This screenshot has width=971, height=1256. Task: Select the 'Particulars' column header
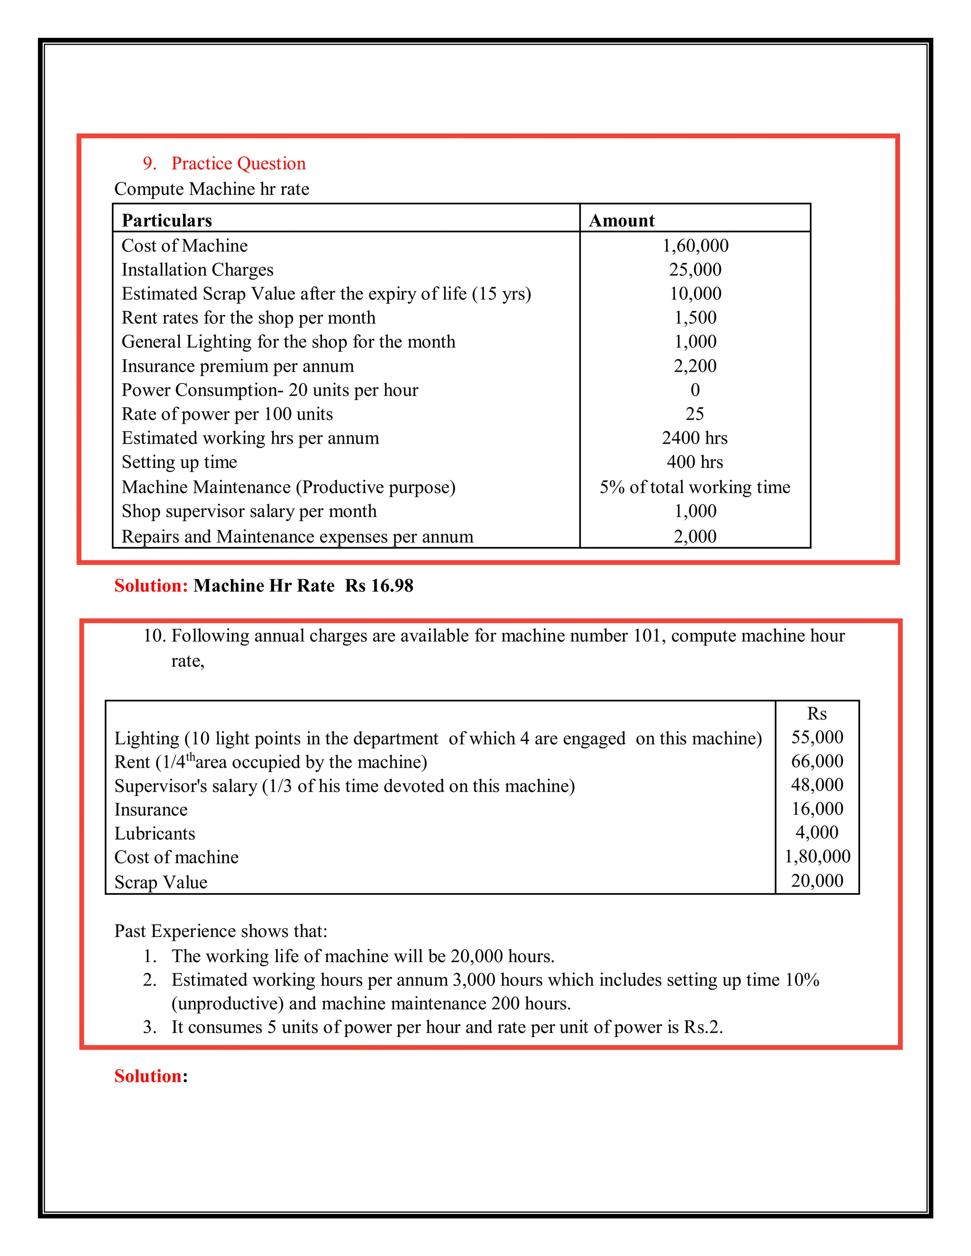click(x=167, y=220)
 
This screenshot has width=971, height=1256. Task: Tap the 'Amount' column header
click(x=622, y=220)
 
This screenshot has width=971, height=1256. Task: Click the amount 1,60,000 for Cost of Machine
click(x=695, y=246)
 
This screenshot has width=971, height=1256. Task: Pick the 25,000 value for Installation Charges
click(x=695, y=270)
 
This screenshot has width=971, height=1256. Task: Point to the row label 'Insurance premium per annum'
click(x=238, y=366)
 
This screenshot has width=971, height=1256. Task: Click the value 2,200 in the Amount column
click(x=695, y=366)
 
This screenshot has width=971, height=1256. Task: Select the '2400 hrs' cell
click(x=695, y=438)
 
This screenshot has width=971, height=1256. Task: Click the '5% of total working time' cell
click(x=695, y=487)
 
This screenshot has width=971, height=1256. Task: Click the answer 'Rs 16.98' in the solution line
click(x=379, y=585)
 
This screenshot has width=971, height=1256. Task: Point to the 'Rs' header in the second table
click(x=817, y=714)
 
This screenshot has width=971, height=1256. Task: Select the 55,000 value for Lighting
click(x=817, y=737)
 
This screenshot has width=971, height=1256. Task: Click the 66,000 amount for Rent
click(x=817, y=762)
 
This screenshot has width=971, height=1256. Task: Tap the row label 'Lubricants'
click(x=155, y=833)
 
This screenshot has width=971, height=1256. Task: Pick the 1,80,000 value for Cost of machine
click(x=817, y=856)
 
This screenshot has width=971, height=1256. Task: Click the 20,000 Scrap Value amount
click(x=817, y=881)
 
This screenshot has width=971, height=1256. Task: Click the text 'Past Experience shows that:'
click(x=220, y=931)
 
